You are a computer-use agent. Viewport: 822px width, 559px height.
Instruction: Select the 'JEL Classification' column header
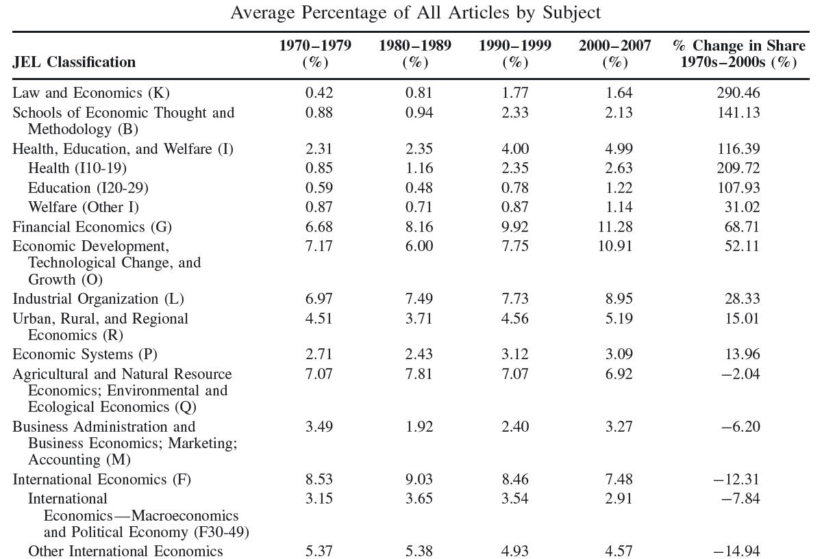coord(74,62)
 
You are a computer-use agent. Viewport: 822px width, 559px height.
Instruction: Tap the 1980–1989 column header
coord(415,54)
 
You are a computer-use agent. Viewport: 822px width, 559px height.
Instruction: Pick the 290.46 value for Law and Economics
coord(738,93)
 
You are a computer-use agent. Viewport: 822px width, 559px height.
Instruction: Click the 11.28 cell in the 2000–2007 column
coord(615,226)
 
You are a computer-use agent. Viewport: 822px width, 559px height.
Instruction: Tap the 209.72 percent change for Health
coord(738,168)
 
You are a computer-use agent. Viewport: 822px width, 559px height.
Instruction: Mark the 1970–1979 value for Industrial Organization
coord(319,299)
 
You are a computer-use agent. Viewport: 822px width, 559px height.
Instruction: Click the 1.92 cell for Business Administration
coord(419,427)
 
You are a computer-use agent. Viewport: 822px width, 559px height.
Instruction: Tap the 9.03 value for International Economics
coord(419,480)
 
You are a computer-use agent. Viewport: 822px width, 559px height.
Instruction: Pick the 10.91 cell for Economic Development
coord(615,246)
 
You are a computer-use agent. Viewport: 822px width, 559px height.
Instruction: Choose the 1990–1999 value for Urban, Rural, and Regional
coord(515,318)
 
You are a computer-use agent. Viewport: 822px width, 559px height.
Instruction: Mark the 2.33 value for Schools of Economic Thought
coord(515,112)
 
